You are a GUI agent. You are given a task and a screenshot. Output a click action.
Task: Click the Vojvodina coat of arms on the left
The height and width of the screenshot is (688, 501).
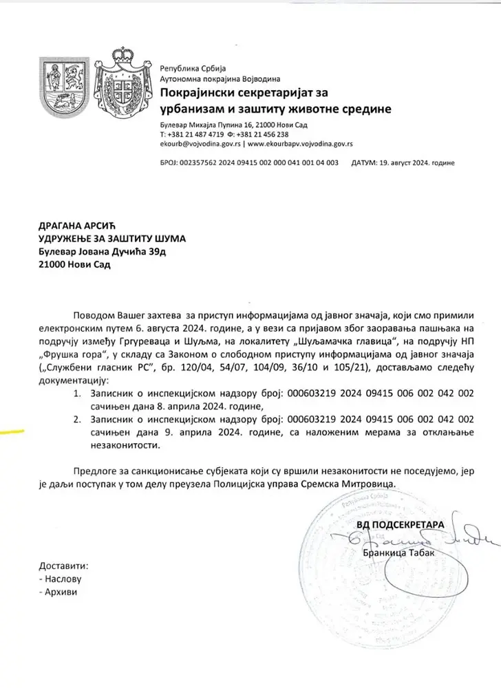(62, 87)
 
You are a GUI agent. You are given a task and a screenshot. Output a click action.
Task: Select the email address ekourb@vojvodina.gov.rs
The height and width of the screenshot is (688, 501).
(200, 145)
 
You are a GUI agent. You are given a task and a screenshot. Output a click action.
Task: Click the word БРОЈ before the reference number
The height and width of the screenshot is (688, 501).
(168, 164)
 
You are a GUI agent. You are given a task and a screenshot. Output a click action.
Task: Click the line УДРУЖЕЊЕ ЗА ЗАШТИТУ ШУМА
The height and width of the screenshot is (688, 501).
(111, 239)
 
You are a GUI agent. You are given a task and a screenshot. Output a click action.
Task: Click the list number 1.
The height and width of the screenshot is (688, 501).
(76, 395)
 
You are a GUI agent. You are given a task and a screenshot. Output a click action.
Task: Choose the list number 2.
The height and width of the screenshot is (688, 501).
(76, 420)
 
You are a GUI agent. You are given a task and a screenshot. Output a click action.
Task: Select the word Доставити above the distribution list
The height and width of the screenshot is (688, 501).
(65, 566)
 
